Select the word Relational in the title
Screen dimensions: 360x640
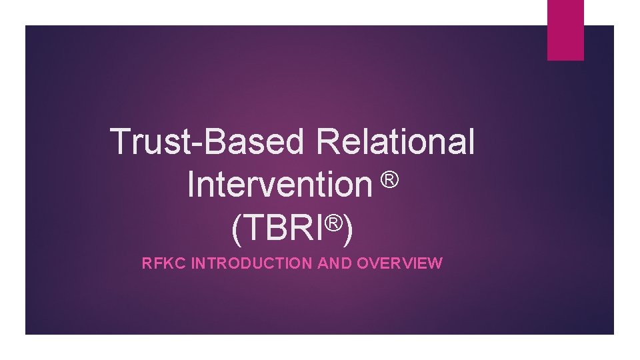point(396,141)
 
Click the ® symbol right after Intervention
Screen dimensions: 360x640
point(391,179)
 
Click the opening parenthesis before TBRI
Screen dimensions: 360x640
point(237,229)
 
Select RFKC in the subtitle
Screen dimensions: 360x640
point(164,263)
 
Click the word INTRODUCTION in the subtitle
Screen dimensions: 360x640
point(252,263)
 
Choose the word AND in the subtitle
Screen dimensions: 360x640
point(335,263)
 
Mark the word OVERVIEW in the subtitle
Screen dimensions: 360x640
point(399,263)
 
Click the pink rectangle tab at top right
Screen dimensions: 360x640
point(565,29)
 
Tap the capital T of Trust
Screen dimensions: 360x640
point(121,141)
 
